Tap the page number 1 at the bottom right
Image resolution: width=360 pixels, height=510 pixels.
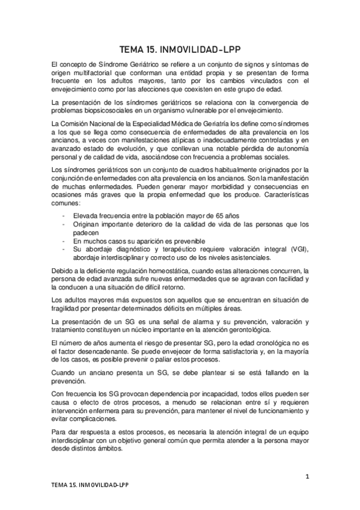pos(307,477)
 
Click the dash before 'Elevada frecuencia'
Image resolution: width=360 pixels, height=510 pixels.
pos(63,215)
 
